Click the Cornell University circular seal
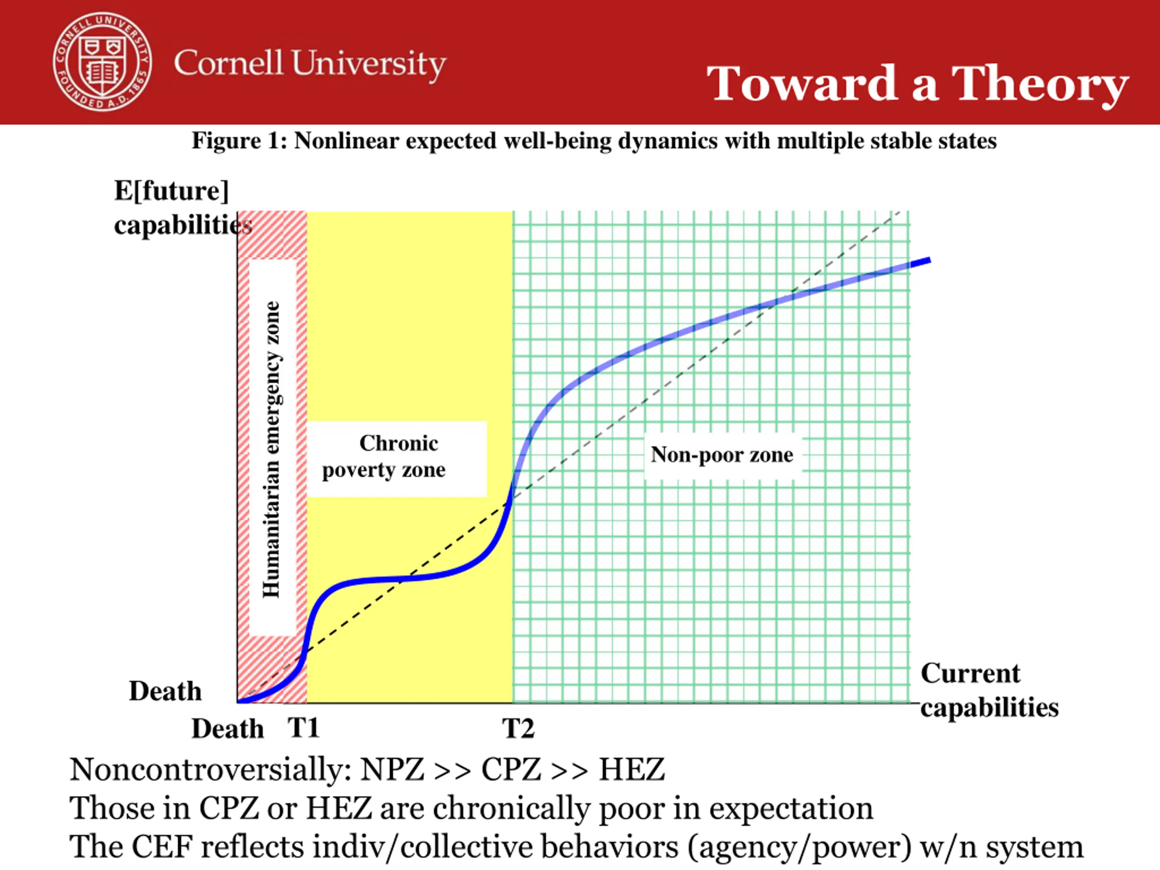(103, 63)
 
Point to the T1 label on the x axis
(303, 728)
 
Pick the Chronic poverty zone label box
(396, 458)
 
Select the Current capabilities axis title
(989, 690)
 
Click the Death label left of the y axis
(165, 691)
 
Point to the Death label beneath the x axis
(227, 729)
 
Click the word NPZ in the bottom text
(392, 770)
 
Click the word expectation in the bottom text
(791, 808)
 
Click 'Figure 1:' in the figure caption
(239, 141)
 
